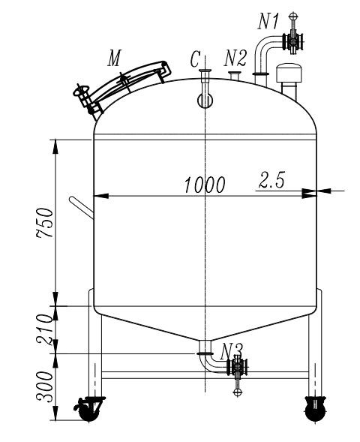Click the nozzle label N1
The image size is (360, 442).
coord(269,20)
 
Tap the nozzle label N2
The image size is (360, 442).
coord(235,59)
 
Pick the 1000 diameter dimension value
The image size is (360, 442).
coord(204,185)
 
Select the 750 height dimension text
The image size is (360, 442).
coord(46,221)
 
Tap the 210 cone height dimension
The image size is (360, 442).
coord(46,329)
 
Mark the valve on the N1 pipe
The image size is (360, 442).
coord(292,42)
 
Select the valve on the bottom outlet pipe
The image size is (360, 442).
coord(238,368)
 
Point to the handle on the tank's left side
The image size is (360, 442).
coord(81,206)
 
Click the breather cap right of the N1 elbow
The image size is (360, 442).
coord(289,74)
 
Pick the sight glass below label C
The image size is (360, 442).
coord(202,98)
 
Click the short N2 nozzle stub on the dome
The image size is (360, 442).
coord(235,77)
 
